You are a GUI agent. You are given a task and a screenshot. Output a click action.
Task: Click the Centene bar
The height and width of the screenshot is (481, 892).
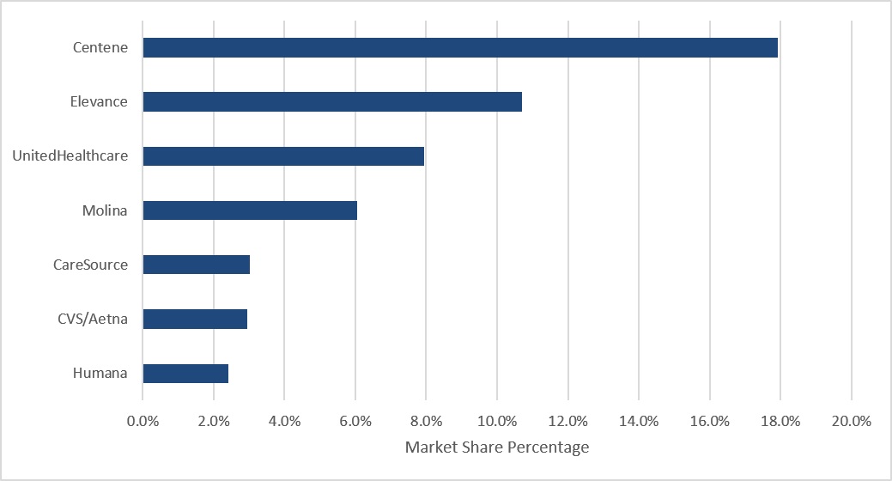460,48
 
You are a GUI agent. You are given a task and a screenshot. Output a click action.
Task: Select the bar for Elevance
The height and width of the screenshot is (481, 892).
332,102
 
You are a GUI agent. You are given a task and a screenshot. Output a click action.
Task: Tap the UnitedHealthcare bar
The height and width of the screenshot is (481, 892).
283,156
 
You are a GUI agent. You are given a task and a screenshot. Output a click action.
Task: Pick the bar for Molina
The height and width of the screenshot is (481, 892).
250,210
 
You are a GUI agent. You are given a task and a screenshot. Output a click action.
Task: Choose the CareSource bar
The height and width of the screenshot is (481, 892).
197,265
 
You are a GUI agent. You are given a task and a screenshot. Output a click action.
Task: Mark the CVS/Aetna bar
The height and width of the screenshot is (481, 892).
195,319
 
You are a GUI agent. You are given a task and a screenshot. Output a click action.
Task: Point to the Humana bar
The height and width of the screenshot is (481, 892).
185,374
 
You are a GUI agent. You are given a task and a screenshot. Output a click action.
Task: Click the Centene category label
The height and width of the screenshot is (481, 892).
100,47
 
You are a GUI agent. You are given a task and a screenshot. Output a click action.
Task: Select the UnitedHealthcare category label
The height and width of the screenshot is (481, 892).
70,156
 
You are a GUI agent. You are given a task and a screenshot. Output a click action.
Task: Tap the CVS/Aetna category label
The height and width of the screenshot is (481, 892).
93,319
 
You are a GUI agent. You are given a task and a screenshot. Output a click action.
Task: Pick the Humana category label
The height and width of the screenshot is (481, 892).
100,373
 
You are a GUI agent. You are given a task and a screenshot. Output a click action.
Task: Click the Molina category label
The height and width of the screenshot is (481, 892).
105,210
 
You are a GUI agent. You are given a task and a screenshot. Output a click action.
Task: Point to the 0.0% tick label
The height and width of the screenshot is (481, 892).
143,421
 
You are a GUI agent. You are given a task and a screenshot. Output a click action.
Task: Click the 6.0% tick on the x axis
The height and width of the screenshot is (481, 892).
355,421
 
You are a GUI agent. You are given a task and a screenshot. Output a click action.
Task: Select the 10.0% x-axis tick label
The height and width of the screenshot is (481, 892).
497,421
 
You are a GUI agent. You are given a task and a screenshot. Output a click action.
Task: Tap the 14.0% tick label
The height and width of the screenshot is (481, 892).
639,421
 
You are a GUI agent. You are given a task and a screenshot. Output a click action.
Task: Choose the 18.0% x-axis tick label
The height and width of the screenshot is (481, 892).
780,421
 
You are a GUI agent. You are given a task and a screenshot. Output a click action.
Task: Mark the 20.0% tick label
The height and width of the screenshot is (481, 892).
852,421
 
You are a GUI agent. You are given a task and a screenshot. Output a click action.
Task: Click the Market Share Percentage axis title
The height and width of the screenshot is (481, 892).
496,448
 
